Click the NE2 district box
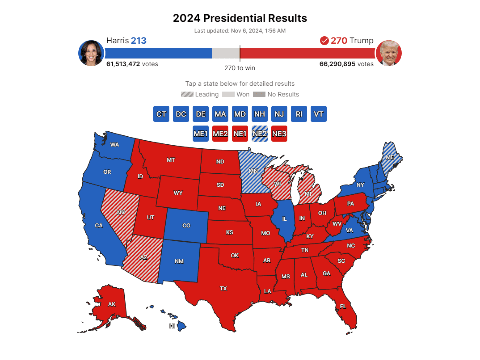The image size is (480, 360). (x=259, y=134)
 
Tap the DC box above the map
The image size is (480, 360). (x=181, y=114)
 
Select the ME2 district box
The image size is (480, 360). (x=220, y=134)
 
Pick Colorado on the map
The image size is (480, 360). (x=186, y=226)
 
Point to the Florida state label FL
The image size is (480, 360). (x=343, y=306)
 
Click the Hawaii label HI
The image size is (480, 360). (x=172, y=326)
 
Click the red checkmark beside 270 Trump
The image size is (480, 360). (x=324, y=41)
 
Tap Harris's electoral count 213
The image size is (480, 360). (x=139, y=41)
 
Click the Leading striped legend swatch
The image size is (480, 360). (x=187, y=94)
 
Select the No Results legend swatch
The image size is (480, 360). (x=259, y=94)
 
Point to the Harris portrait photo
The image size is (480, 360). (x=91, y=53)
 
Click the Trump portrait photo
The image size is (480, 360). (x=389, y=53)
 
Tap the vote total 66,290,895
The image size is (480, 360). (x=337, y=64)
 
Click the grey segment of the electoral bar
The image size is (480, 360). (x=225, y=53)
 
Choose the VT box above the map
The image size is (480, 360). (x=318, y=114)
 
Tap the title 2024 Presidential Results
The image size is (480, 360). (x=240, y=18)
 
